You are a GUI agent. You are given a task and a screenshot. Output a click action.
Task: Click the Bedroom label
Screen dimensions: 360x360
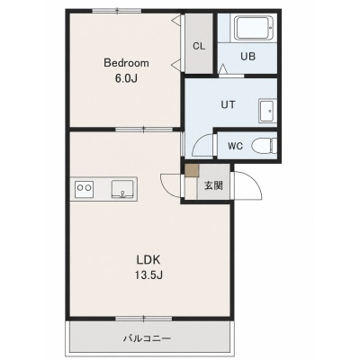126,63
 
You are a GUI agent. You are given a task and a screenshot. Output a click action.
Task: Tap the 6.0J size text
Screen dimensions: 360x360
126,78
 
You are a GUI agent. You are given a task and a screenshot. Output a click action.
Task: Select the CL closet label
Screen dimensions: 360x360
199,46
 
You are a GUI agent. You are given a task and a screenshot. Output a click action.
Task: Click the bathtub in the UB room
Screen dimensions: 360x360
254,28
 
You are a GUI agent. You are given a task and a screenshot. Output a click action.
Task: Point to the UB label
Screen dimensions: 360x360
248,56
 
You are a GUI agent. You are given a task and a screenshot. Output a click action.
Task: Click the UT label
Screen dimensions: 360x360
228,104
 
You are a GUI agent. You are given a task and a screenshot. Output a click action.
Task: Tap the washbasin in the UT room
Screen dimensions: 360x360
268,111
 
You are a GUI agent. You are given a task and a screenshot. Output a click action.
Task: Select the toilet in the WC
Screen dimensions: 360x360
265,146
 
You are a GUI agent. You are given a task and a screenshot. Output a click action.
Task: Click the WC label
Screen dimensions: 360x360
235,146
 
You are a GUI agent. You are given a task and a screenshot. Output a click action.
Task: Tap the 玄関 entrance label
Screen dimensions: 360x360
213,185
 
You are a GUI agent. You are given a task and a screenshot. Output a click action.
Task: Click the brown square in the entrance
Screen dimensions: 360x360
192,171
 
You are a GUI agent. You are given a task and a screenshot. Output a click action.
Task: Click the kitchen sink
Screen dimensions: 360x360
123,189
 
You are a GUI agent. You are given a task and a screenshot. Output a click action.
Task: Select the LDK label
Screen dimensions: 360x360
148,260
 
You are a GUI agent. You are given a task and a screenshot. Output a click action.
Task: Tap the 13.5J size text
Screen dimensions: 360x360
148,274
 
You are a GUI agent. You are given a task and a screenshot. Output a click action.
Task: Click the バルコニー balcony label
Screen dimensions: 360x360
148,338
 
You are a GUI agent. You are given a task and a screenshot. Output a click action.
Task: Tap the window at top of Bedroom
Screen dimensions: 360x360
117,11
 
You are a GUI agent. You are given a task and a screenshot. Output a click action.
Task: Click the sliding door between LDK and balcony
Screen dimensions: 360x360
144,318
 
